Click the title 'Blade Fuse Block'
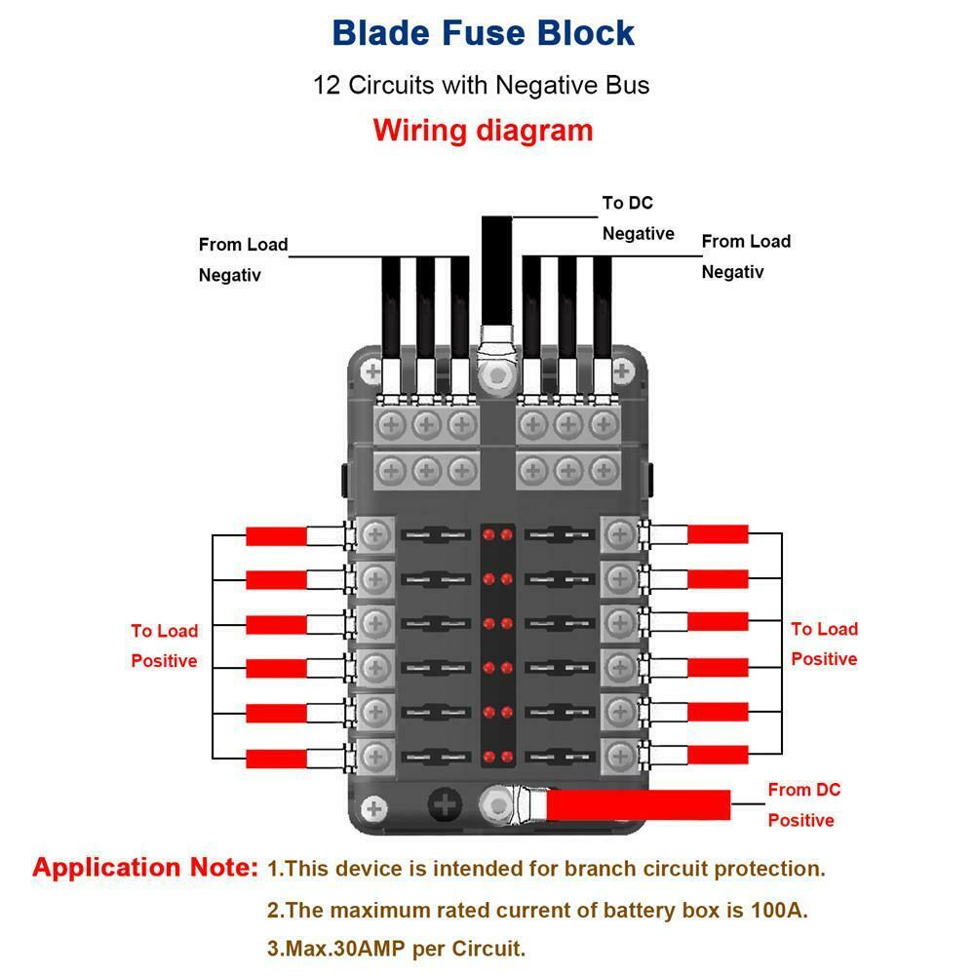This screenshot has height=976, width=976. pos(483,32)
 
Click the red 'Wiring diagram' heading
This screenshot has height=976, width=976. pos(483,130)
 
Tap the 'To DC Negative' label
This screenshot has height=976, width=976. pos(638,218)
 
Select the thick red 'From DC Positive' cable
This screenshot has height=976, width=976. pos(639,804)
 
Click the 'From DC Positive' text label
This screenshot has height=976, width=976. pos(802,804)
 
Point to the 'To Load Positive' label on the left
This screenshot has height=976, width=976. pos(164,645)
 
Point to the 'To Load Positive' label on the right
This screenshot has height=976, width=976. pos(824,644)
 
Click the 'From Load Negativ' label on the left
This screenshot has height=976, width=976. pos(243,259)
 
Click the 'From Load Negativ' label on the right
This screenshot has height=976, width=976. pos(746,255)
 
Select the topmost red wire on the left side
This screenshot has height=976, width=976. pos(276,535)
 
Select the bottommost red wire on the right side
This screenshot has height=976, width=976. pos(719,754)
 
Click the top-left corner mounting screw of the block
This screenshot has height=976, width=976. pos(372,371)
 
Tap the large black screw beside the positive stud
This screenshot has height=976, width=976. pos(446,805)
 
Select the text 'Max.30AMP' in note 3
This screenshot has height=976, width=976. pos(340,947)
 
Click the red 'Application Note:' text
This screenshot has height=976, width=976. pos(145,867)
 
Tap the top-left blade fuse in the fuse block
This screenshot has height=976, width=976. pos(436,535)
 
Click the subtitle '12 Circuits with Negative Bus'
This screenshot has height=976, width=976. pos(481,85)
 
